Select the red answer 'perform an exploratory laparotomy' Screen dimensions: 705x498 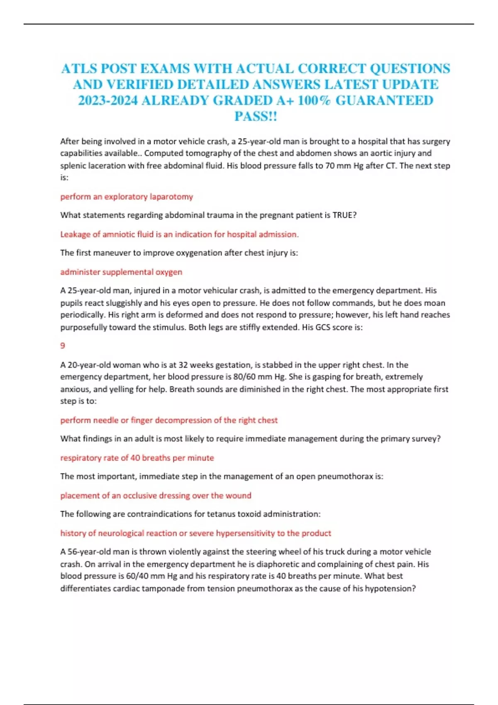point(127,197)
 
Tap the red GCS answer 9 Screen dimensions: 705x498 point(63,345)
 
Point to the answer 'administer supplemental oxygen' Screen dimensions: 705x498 point(121,272)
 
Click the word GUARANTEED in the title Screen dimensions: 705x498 point(384,101)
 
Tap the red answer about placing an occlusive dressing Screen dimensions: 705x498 point(156,496)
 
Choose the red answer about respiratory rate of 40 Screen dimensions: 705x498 point(137,458)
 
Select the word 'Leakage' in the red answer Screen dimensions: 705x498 point(76,234)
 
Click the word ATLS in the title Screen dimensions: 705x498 point(78,68)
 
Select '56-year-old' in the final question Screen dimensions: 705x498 point(88,552)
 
